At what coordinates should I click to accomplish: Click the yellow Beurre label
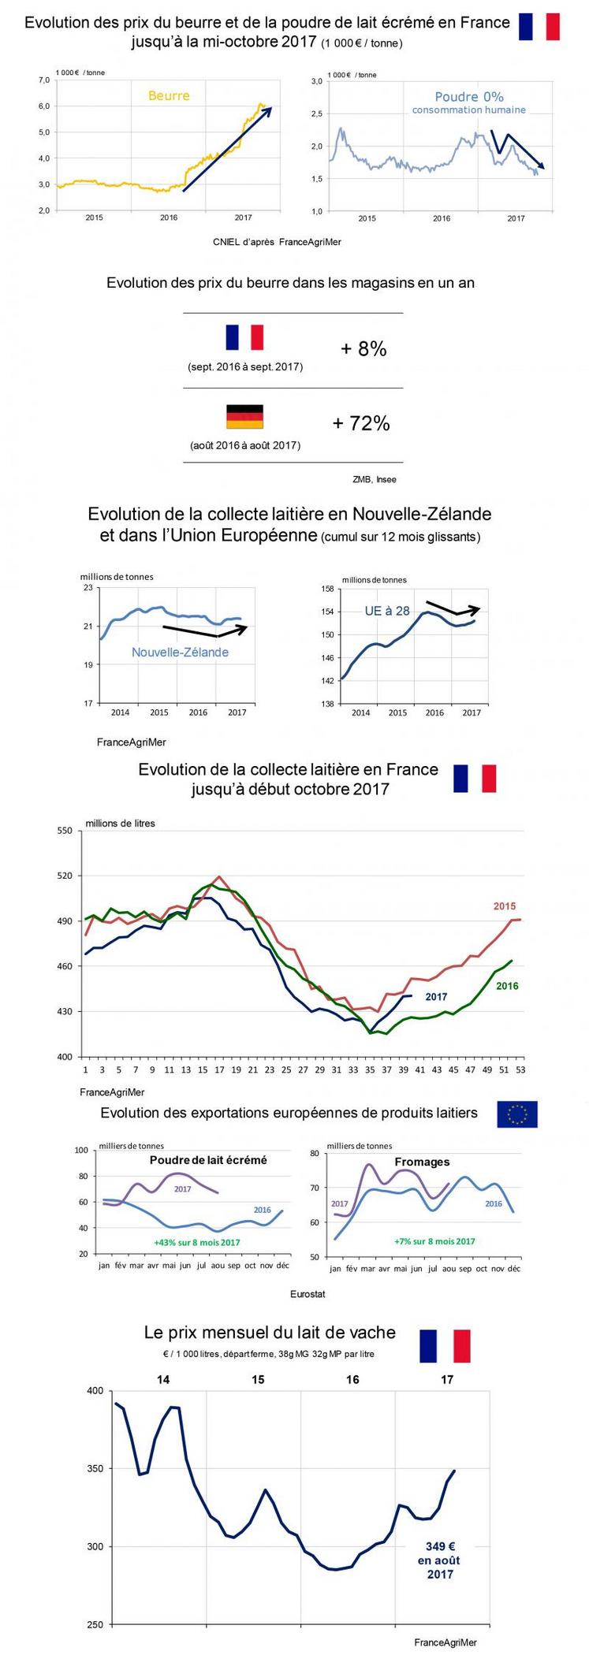tap(169, 96)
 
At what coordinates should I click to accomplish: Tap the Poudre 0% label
tap(469, 97)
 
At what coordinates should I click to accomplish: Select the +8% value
tap(363, 349)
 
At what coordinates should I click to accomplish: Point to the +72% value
tap(361, 423)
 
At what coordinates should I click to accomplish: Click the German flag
tap(244, 416)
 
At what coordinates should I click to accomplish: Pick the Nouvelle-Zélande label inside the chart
tap(180, 653)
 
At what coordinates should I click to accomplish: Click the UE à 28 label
tap(387, 611)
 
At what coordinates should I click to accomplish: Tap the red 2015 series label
tap(505, 906)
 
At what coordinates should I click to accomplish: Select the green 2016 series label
tap(507, 986)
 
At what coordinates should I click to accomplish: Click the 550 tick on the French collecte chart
tap(65, 831)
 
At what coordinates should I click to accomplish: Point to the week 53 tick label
tap(520, 1070)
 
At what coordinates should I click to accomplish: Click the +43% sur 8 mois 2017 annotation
tap(197, 1243)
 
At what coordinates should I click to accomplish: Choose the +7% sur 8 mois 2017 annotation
tap(434, 1241)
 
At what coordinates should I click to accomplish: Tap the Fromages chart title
tap(422, 1162)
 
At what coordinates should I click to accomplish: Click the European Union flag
tap(517, 1114)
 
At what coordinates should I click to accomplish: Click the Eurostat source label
tap(308, 1294)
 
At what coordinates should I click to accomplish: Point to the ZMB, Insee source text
tap(375, 479)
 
